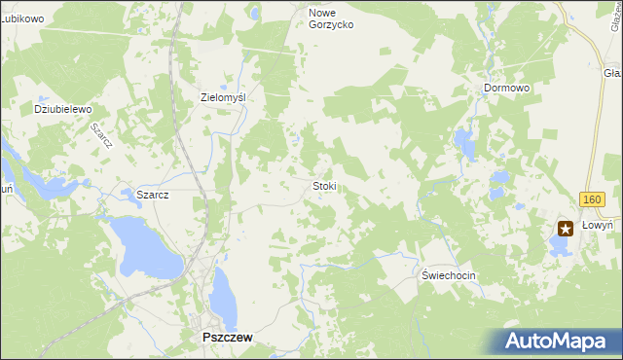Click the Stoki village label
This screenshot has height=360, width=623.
pos(324,186)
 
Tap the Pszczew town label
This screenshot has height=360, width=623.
pos(226,337)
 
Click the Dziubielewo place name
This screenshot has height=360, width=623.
pos(62,109)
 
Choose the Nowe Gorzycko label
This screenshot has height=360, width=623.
pos(331,18)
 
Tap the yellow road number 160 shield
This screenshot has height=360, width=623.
pos(591,199)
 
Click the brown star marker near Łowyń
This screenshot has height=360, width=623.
pos(566,228)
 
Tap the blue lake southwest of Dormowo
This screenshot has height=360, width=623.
pos(463,146)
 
